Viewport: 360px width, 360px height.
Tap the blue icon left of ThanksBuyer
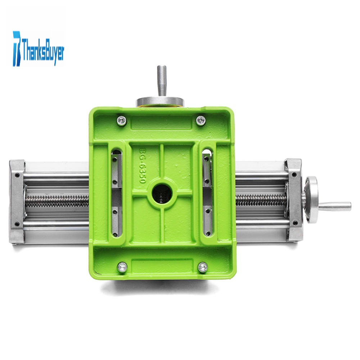[x=17, y=49]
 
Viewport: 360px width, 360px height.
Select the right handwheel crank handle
[x=335, y=205]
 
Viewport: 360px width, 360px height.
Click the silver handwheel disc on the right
[x=311, y=199]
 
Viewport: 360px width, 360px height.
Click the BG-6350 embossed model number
[x=142, y=166]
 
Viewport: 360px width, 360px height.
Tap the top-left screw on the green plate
[x=121, y=120]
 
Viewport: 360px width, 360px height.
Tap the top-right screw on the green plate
[x=201, y=120]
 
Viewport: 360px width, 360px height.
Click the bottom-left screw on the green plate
[x=122, y=267]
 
